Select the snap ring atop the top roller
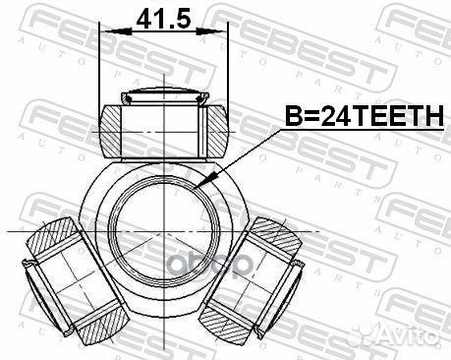click(x=164, y=97)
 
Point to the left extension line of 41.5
click(x=100, y=69)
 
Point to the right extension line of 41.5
click(x=228, y=69)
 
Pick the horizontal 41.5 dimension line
click(x=164, y=36)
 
